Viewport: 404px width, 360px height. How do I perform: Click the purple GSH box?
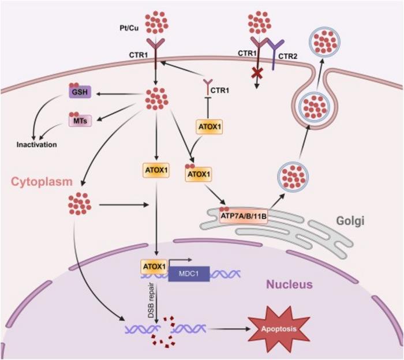click(77, 92)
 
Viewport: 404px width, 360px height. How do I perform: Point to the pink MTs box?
click(77, 119)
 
